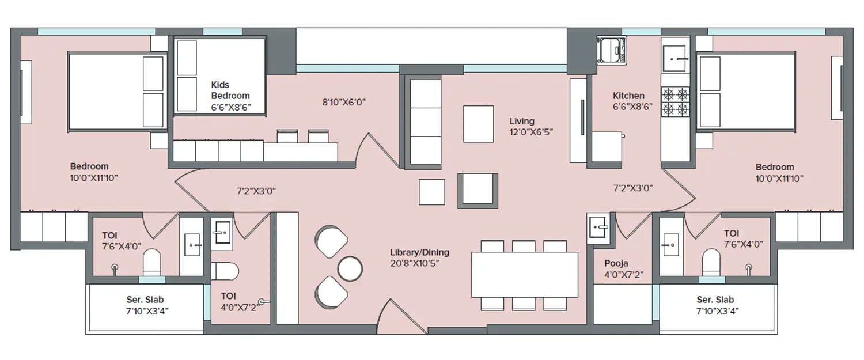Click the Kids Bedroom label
pyautogui.click(x=230, y=90)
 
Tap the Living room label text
pyautogui.click(x=522, y=122)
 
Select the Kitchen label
pyautogui.click(x=628, y=96)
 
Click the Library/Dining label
pyautogui.click(x=419, y=252)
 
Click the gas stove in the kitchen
pyautogui.click(x=676, y=101)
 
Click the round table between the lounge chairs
pyautogui.click(x=349, y=268)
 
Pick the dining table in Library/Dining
pyautogui.click(x=524, y=274)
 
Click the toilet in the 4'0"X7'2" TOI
pyautogui.click(x=225, y=271)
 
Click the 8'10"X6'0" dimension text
pyautogui.click(x=344, y=103)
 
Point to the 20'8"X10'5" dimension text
pyautogui.click(x=419, y=263)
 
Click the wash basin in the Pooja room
pyautogui.click(x=598, y=227)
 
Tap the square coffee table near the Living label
pyautogui.click(x=478, y=123)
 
